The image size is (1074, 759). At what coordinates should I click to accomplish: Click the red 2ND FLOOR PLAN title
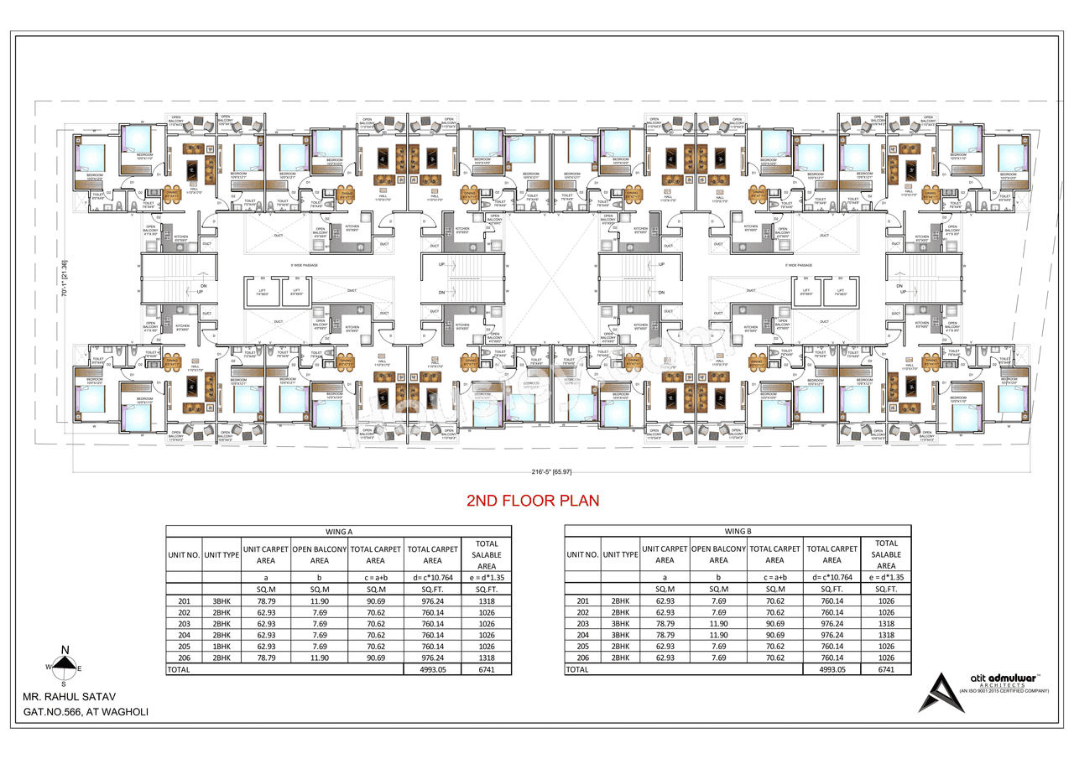[x=533, y=501]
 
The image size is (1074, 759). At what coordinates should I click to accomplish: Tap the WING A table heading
[x=338, y=531]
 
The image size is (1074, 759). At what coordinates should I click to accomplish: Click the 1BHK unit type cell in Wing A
[x=222, y=647]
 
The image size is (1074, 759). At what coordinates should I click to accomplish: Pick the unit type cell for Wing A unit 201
[x=222, y=600]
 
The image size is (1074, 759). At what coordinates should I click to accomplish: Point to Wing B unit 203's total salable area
[x=886, y=624]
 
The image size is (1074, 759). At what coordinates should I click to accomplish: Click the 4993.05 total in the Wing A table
[x=432, y=670]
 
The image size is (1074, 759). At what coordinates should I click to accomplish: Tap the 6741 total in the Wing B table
[x=886, y=670]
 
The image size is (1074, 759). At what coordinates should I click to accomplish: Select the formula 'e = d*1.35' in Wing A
[x=487, y=577]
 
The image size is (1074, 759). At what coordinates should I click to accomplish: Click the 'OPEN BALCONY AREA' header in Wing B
[x=718, y=554]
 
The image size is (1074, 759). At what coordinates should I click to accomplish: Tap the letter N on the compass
[x=65, y=649]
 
